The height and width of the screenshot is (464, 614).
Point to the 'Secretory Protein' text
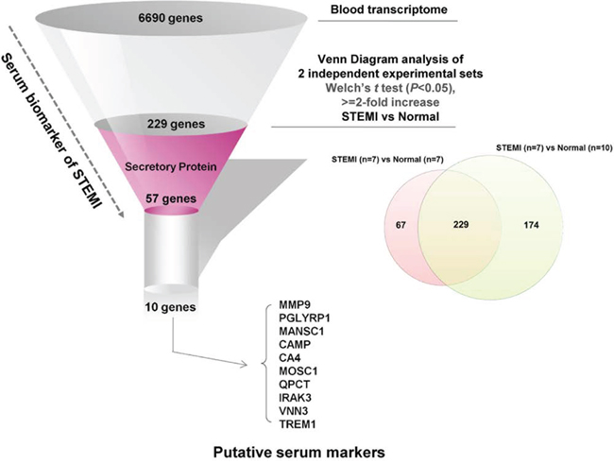(171, 166)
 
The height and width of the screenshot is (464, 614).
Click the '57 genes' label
(171, 200)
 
